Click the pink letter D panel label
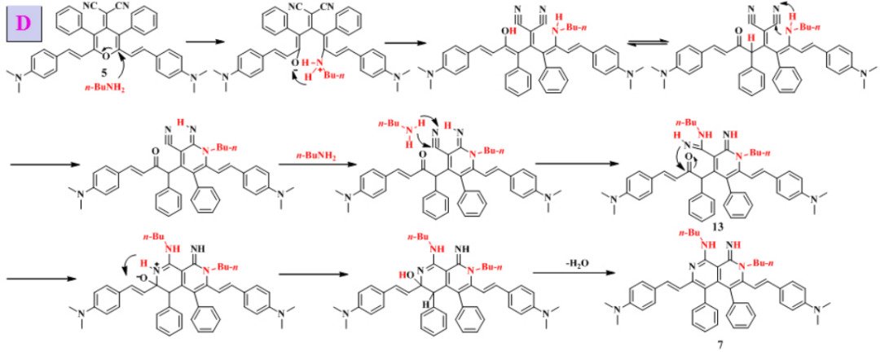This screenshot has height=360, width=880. [x=24, y=21]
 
